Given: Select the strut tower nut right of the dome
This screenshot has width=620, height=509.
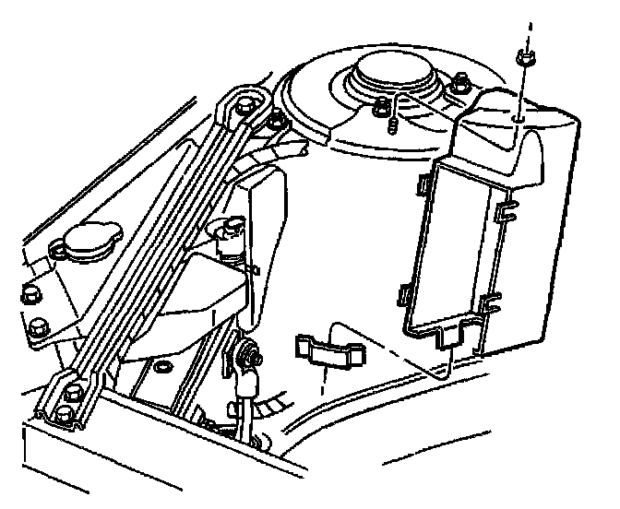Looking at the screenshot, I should (459, 90).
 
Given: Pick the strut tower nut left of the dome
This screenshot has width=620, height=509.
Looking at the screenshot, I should (380, 109).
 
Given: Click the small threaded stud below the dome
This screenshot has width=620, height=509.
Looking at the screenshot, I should (393, 124).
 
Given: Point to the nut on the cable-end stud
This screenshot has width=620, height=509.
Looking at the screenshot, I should (249, 351).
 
